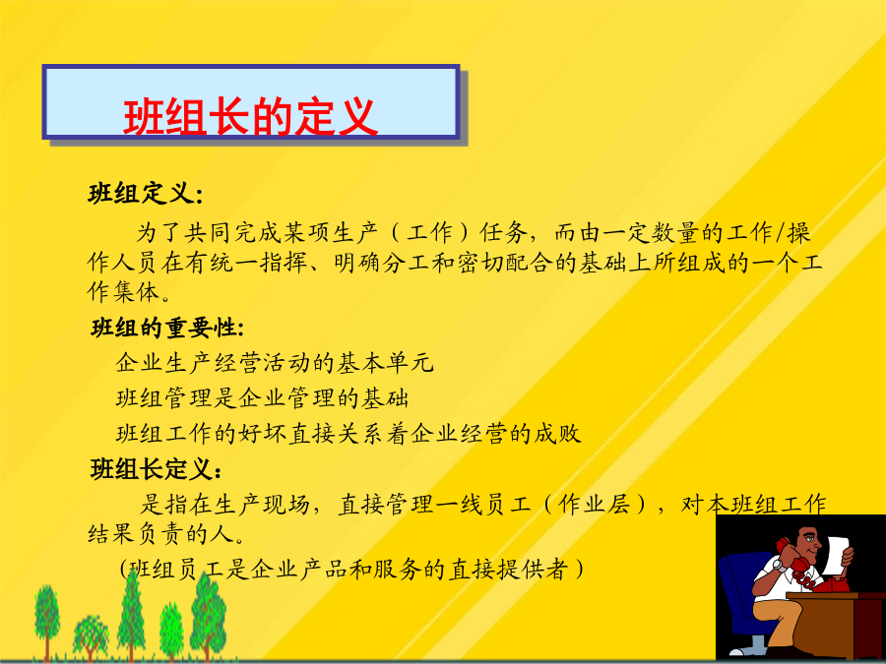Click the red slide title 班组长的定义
(x=250, y=117)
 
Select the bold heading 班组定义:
(x=146, y=194)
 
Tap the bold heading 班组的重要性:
(x=167, y=328)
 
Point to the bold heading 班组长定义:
(x=157, y=469)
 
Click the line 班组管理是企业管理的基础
(x=262, y=398)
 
